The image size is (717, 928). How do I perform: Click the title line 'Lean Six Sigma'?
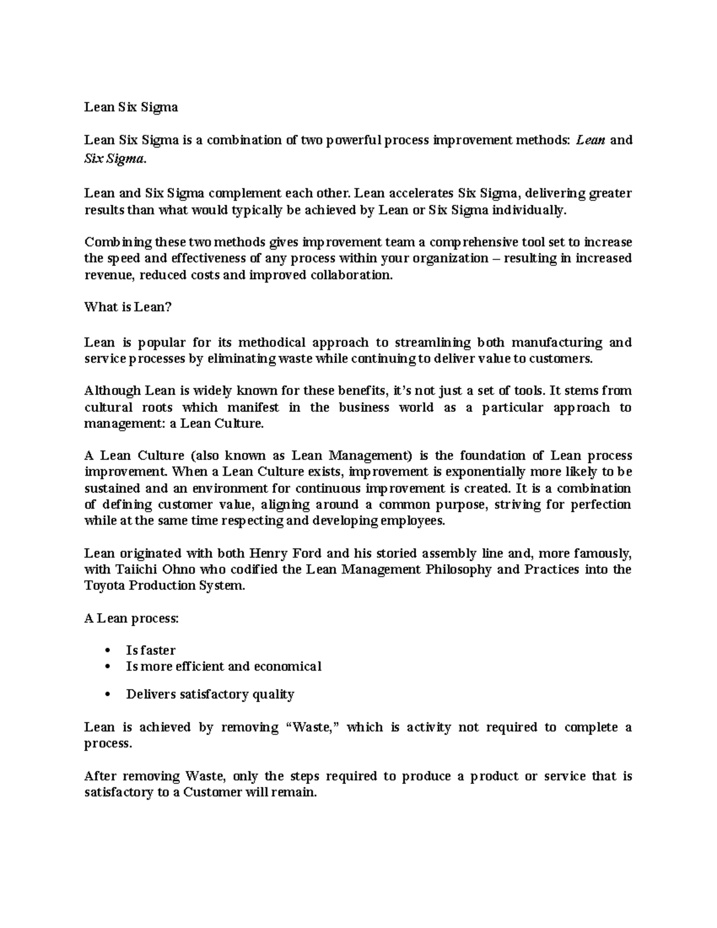tap(131, 108)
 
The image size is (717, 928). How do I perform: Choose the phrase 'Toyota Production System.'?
tap(164, 586)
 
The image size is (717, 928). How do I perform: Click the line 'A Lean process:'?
tap(131, 618)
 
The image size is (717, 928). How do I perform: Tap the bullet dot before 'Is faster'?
tap(108, 651)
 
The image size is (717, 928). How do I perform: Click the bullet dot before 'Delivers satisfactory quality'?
tap(108, 695)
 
